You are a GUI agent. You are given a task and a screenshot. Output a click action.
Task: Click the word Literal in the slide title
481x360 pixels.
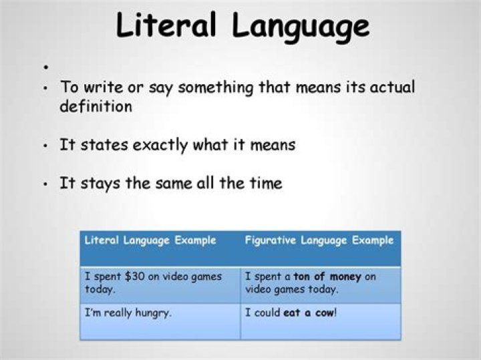(166, 25)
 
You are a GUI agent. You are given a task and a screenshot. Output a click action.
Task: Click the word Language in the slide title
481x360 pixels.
(301, 27)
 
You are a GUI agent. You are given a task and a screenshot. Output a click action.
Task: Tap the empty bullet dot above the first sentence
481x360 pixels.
(45, 67)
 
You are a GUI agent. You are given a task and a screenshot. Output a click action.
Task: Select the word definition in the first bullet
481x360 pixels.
(96, 106)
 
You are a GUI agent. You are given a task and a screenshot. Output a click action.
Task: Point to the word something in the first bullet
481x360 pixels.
(216, 87)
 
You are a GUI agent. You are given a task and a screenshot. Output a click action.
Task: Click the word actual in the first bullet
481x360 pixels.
(392, 86)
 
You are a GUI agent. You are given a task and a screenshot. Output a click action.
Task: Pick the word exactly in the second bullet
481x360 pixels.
(160, 145)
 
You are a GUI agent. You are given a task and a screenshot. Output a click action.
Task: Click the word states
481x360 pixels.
(104, 145)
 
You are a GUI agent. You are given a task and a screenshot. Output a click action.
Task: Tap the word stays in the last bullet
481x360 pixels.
(100, 184)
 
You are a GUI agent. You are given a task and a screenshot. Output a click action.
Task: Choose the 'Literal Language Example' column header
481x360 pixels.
(150, 240)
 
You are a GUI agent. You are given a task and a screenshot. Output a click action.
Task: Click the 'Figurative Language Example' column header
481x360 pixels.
(319, 240)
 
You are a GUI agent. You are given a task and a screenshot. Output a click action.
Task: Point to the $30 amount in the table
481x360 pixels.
(135, 277)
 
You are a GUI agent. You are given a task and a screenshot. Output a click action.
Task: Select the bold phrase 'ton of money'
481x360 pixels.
(327, 277)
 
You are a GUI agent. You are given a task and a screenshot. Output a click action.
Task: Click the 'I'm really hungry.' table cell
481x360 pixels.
(128, 313)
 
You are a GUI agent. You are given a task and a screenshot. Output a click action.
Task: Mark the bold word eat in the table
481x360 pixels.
(291, 313)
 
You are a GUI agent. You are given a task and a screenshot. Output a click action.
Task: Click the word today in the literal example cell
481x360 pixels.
(98, 289)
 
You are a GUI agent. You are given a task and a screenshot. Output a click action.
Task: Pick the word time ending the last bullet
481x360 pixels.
(266, 184)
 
